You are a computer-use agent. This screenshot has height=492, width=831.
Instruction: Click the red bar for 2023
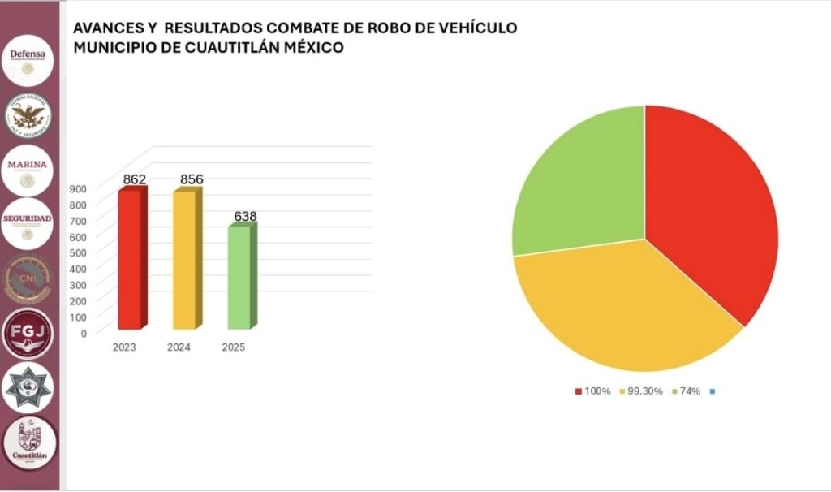[x=130, y=260]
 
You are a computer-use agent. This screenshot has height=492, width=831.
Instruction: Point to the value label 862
[x=135, y=179]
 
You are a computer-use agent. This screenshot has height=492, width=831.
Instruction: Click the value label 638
[x=245, y=217]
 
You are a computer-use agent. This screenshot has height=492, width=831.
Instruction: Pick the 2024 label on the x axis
[x=179, y=347]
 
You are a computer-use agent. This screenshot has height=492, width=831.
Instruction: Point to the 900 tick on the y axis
[x=78, y=188]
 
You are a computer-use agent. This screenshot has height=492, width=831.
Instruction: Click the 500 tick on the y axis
[x=78, y=252]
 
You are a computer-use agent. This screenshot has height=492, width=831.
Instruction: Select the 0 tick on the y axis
[x=83, y=333]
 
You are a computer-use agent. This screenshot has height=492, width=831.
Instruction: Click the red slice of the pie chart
[x=706, y=211]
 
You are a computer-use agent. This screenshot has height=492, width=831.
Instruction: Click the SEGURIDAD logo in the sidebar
[x=28, y=224]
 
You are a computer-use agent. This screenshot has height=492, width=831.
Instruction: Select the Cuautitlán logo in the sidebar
[x=30, y=444]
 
